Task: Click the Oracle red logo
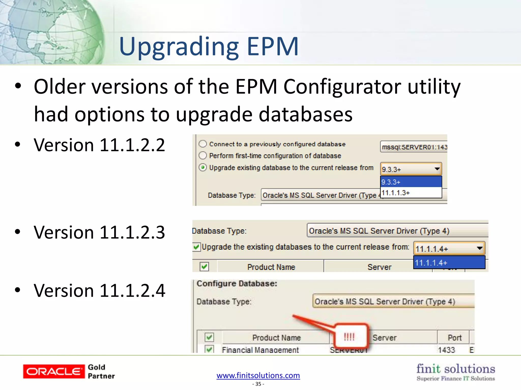click(54, 371)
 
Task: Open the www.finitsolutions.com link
click(258, 375)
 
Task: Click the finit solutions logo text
click(456, 369)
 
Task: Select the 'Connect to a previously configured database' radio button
click(203, 144)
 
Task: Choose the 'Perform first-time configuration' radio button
click(203, 155)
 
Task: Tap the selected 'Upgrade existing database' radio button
click(203, 168)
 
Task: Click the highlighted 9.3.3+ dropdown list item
click(411, 182)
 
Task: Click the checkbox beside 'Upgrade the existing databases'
click(196, 247)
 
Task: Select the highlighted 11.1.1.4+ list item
click(449, 263)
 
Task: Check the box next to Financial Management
click(209, 349)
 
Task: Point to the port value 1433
click(446, 350)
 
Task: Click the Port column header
click(454, 337)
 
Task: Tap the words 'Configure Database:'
click(237, 283)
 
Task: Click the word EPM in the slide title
click(272, 46)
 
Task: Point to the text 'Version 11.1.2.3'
click(99, 232)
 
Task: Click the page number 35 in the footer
click(258, 384)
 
